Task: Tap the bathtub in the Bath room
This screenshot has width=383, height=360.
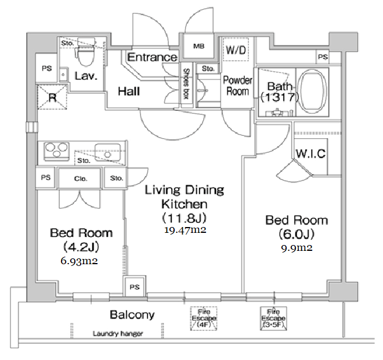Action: point(312,92)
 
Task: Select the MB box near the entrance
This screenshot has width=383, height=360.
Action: point(199,46)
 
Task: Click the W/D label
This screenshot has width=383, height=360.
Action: point(236,51)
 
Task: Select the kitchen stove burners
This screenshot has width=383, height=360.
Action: point(53,149)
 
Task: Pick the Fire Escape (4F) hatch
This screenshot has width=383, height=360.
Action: point(203,318)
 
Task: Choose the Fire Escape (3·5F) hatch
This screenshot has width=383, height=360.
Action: point(273,318)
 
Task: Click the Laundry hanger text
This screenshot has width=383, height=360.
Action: point(118,334)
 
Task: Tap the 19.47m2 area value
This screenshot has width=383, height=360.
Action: point(184,230)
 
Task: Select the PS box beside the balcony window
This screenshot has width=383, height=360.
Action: point(135,287)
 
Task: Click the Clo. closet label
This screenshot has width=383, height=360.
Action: point(80,178)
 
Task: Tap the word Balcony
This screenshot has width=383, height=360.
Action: point(132,315)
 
